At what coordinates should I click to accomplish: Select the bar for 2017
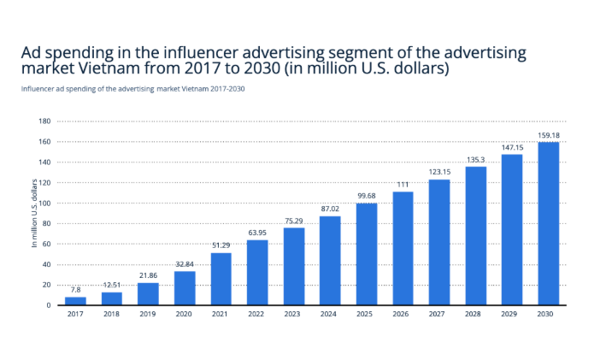(75, 301)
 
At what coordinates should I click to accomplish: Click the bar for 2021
(221, 279)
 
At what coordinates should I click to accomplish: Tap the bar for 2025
(366, 254)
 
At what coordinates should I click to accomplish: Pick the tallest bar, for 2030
(548, 223)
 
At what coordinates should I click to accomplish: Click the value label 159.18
(548, 134)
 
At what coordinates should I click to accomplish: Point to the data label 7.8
(75, 290)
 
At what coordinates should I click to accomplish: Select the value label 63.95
(257, 233)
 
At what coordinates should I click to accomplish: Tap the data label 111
(403, 185)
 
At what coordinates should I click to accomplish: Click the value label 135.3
(475, 159)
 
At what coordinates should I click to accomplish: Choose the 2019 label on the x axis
(148, 315)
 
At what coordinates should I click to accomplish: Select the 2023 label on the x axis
(293, 315)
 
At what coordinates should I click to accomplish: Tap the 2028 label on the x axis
(475, 315)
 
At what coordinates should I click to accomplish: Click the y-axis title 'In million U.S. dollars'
(35, 213)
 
